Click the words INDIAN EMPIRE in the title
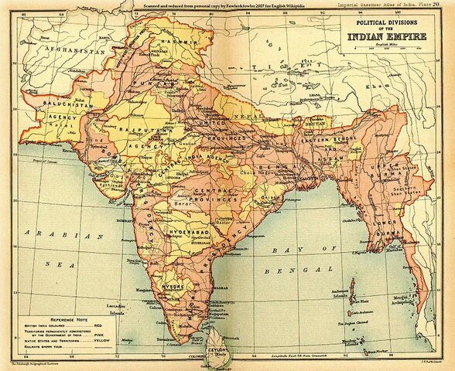point(392,36)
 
